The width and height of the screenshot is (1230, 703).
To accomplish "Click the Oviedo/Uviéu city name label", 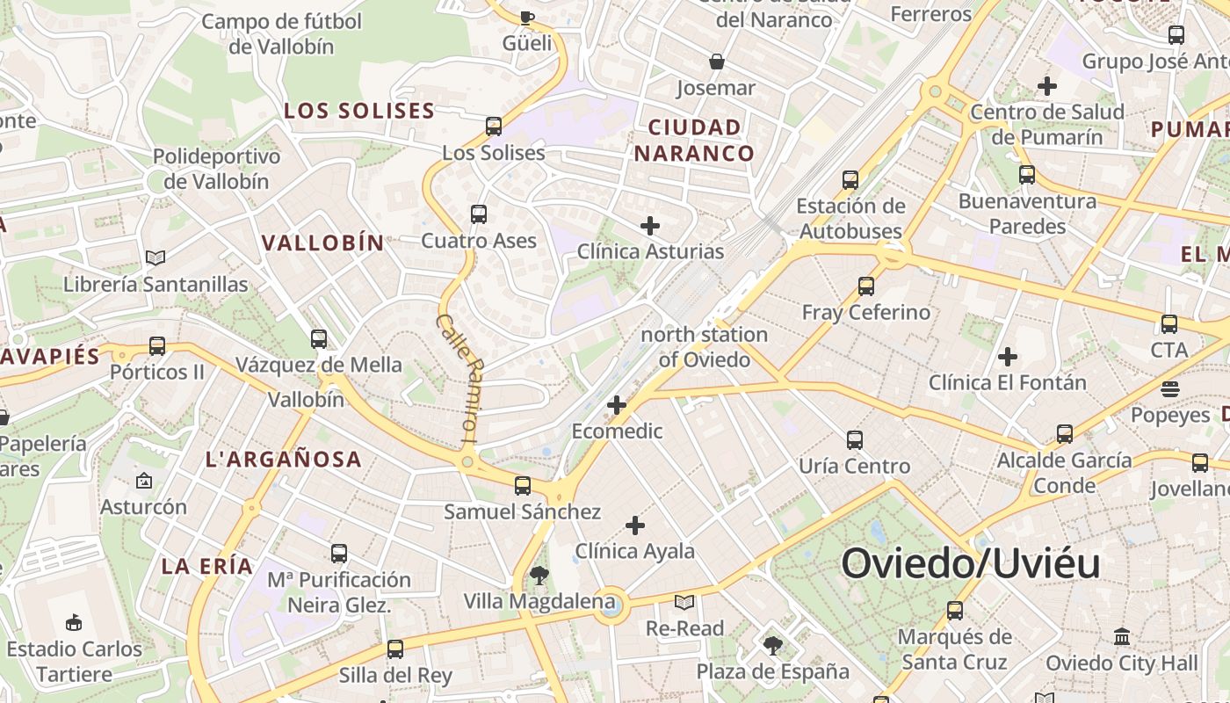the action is click(x=971, y=563).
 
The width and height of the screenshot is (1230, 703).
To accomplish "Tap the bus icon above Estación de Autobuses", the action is click(x=850, y=180).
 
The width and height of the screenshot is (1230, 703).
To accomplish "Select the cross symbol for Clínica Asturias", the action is click(x=650, y=226).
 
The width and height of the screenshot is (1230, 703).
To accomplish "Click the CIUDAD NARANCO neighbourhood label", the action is click(x=694, y=141).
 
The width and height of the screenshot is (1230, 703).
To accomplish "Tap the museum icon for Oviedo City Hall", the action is click(x=1122, y=636).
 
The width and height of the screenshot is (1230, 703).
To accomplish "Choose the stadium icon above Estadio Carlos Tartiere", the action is click(x=74, y=623).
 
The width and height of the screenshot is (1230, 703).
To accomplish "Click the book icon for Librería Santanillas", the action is click(x=156, y=258).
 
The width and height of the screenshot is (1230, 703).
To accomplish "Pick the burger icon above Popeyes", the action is click(x=1169, y=388).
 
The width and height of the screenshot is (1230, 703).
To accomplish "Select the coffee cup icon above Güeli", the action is click(x=526, y=17).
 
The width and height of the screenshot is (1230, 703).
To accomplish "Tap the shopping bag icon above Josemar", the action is click(x=717, y=62).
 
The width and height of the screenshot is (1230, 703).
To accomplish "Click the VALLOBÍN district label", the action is click(x=323, y=243).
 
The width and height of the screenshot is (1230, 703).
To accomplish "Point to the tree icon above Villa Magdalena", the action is click(x=539, y=576).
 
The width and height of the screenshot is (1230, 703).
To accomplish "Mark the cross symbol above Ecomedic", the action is click(x=617, y=405).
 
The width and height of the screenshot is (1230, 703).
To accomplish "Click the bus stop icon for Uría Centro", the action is click(x=854, y=440).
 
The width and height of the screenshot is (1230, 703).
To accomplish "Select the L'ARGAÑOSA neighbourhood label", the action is click(x=283, y=459).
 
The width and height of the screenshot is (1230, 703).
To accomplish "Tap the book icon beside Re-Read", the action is click(x=684, y=603).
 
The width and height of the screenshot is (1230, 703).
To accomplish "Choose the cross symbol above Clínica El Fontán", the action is click(x=1008, y=357).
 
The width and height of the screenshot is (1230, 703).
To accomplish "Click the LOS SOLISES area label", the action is click(x=359, y=111).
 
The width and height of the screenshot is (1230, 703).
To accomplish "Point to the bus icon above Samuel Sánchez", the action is click(x=523, y=485).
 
